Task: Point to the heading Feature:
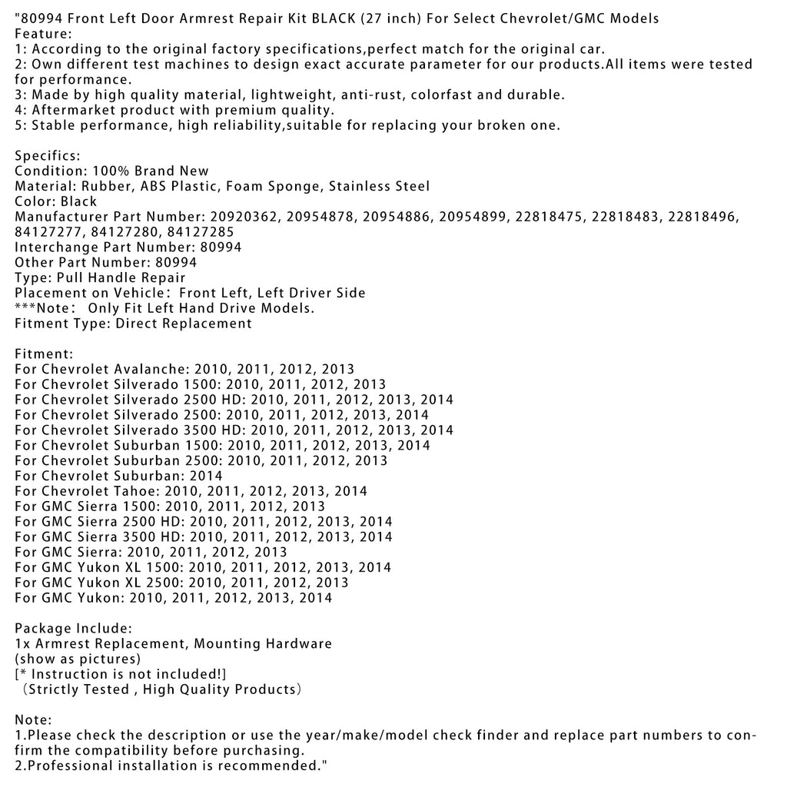[43, 34]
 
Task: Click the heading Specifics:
[48, 156]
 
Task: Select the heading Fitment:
[44, 354]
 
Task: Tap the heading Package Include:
[73, 628]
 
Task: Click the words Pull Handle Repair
[120, 277]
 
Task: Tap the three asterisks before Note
[25, 308]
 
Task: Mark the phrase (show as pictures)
[78, 659]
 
